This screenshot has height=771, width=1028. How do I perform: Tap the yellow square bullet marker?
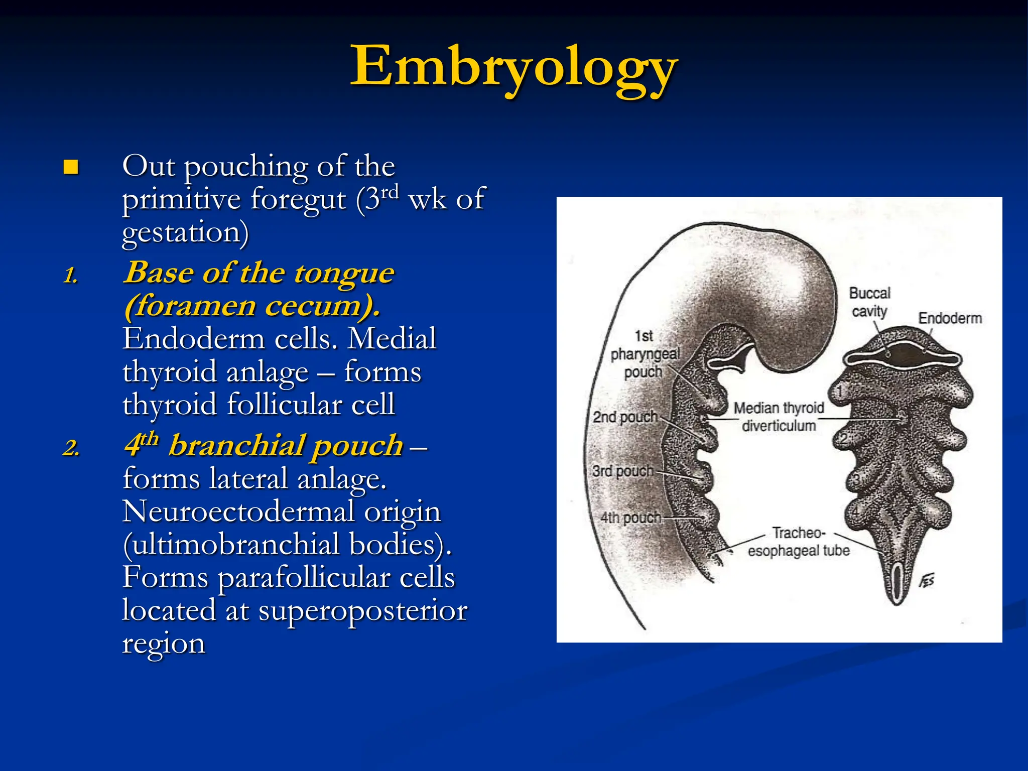71,167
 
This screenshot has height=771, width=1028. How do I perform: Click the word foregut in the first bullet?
298,199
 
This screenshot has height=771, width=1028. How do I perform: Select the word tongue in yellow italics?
344,273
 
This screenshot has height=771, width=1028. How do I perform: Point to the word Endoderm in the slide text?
194,339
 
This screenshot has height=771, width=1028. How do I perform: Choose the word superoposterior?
362,611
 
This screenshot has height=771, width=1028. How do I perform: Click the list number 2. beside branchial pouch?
71,447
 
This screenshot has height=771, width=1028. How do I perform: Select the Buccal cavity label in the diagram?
869,302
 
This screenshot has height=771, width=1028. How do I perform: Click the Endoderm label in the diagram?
950,318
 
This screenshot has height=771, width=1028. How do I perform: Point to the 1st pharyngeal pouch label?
644,354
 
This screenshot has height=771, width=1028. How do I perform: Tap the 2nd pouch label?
625,417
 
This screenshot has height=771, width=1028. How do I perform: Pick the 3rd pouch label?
623,471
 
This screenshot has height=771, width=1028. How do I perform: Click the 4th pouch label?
630,518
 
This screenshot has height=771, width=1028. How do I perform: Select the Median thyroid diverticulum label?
779,417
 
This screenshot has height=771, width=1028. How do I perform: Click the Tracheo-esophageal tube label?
798,542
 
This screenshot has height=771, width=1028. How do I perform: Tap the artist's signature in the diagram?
927,581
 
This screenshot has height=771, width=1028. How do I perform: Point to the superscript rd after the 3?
390,191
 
